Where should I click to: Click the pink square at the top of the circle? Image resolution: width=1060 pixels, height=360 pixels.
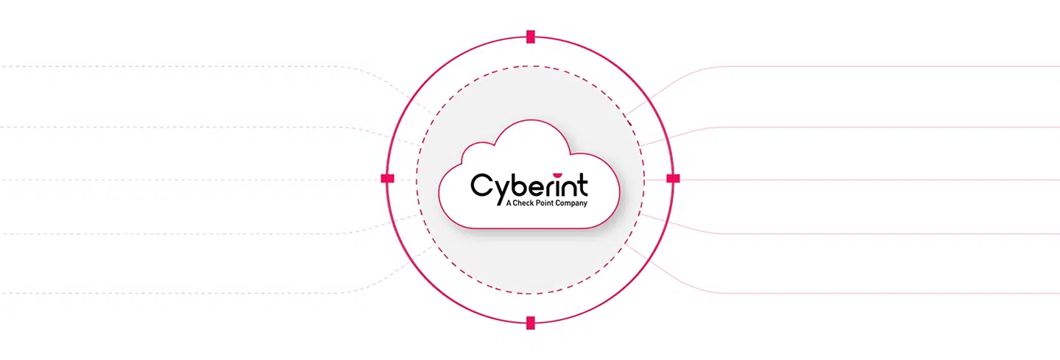(x=531, y=37)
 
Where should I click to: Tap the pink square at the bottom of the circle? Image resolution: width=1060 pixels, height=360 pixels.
(x=531, y=322)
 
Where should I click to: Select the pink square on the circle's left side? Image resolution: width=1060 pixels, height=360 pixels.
(x=387, y=178)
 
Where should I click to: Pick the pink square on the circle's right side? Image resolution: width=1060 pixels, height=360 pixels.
(x=674, y=178)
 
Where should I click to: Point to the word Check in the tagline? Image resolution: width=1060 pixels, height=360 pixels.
(x=523, y=203)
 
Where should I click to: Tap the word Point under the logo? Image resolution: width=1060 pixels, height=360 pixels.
(x=544, y=203)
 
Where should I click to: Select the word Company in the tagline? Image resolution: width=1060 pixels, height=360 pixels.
(x=571, y=203)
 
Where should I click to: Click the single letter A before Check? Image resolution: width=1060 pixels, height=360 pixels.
(x=509, y=203)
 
